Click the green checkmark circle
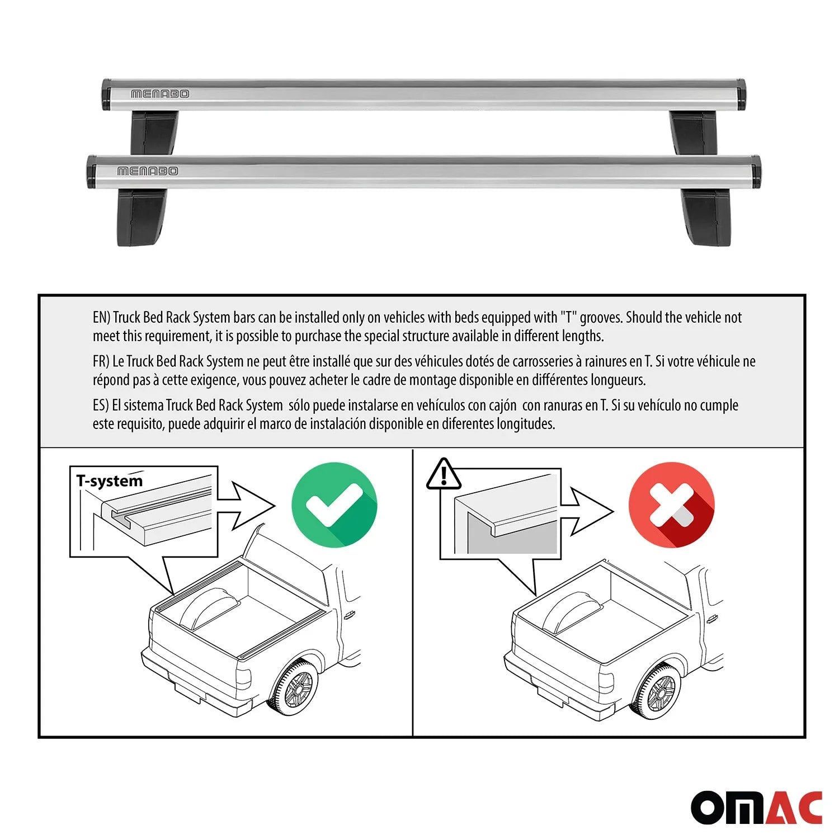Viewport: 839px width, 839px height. (334, 505)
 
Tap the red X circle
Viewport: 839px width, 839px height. (671, 505)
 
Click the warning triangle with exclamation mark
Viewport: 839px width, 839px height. (444, 474)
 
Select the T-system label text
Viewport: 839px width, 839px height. (110, 481)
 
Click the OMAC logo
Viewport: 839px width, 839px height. (756, 808)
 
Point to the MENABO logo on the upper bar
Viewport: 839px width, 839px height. (160, 94)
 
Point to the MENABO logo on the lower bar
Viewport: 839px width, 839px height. (147, 171)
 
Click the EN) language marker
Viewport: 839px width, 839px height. (101, 318)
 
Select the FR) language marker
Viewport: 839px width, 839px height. (101, 361)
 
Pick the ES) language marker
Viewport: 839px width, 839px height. (101, 405)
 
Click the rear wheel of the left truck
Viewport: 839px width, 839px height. (293, 687)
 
